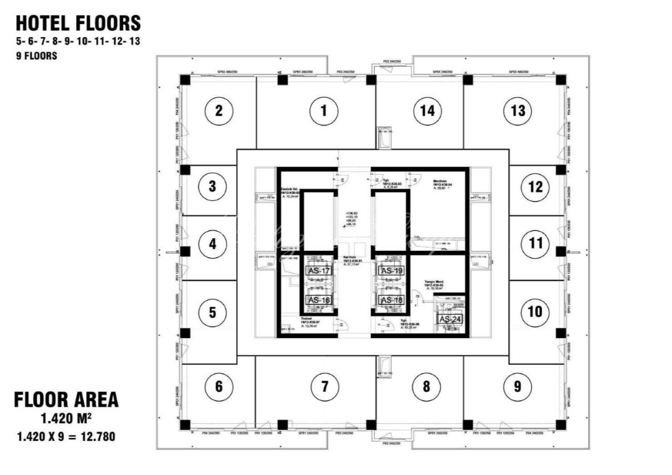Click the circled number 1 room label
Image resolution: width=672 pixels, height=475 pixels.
[324, 111]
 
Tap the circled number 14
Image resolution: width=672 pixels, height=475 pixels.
[427, 111]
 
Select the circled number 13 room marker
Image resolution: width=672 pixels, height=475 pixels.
[518, 111]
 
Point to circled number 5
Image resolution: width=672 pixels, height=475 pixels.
[212, 312]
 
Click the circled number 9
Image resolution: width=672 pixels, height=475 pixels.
[518, 387]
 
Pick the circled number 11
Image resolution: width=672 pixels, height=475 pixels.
[535, 244]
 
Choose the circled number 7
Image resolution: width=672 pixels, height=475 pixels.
[324, 387]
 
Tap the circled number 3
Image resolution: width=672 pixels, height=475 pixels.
[212, 186]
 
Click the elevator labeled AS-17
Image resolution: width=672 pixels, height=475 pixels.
[319, 271]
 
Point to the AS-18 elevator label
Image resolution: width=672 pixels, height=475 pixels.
[392, 300]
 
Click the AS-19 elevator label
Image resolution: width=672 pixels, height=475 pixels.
[392, 271]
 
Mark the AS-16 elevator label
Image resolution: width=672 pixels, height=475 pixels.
[319, 300]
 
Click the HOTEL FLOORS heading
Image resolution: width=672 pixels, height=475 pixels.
[78, 23]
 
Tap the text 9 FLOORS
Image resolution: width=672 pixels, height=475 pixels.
[36, 56]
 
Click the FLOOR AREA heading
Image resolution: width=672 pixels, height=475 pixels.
[66, 400]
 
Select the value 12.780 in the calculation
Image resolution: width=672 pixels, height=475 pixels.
[97, 436]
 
